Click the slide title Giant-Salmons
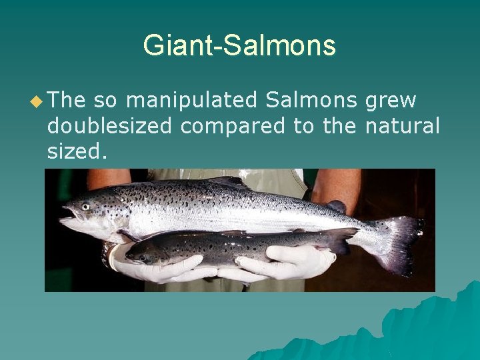point(239,45)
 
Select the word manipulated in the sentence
point(191,101)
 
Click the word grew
point(391,101)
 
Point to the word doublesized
point(109,126)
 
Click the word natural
point(403,126)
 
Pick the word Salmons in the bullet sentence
point(311,101)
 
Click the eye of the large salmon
point(85,207)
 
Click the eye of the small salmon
point(141,257)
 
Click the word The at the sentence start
point(67,101)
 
